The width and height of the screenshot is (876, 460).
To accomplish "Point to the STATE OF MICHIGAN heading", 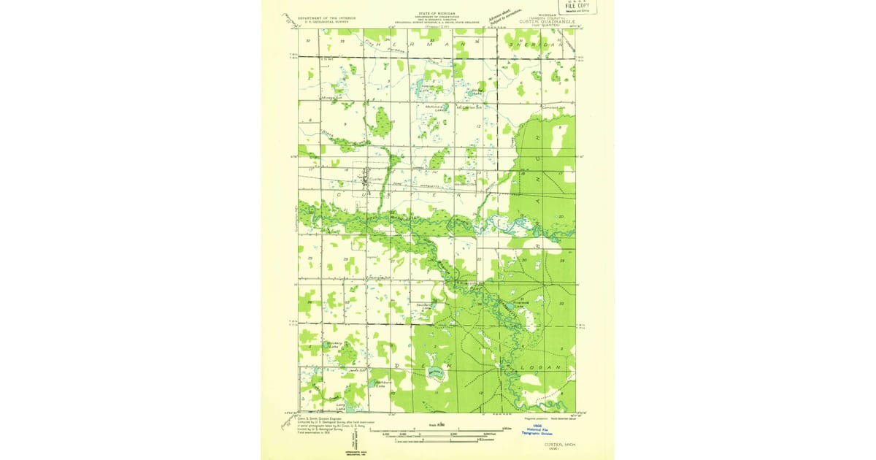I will tap(435, 13).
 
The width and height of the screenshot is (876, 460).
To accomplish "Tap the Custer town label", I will tap(375, 179).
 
